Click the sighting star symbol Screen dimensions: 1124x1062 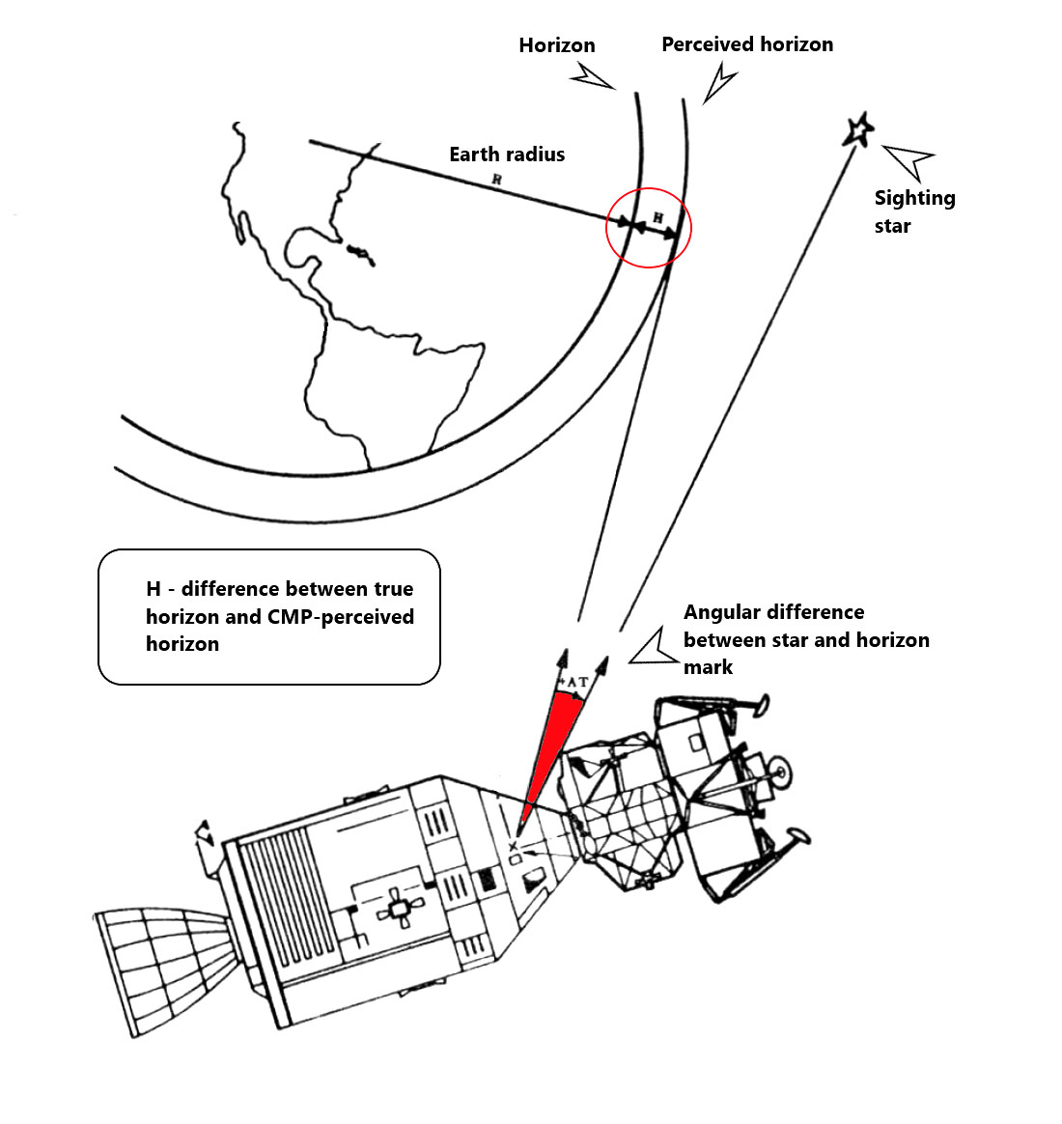point(858,129)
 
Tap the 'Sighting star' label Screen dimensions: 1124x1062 point(913,211)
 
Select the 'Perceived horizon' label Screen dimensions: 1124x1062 point(747,44)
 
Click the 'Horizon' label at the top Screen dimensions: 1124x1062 point(557,45)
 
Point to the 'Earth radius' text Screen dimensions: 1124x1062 point(507,155)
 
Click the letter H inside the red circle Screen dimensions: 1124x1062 point(657,217)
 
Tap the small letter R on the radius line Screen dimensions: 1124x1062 point(496,180)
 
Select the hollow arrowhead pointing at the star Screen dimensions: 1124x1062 point(907,160)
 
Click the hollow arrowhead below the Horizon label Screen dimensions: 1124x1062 point(591,76)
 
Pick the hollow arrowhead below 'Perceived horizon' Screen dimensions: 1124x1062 point(719,83)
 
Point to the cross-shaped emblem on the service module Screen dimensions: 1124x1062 point(398,908)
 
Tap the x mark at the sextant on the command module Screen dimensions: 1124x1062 point(513,847)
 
